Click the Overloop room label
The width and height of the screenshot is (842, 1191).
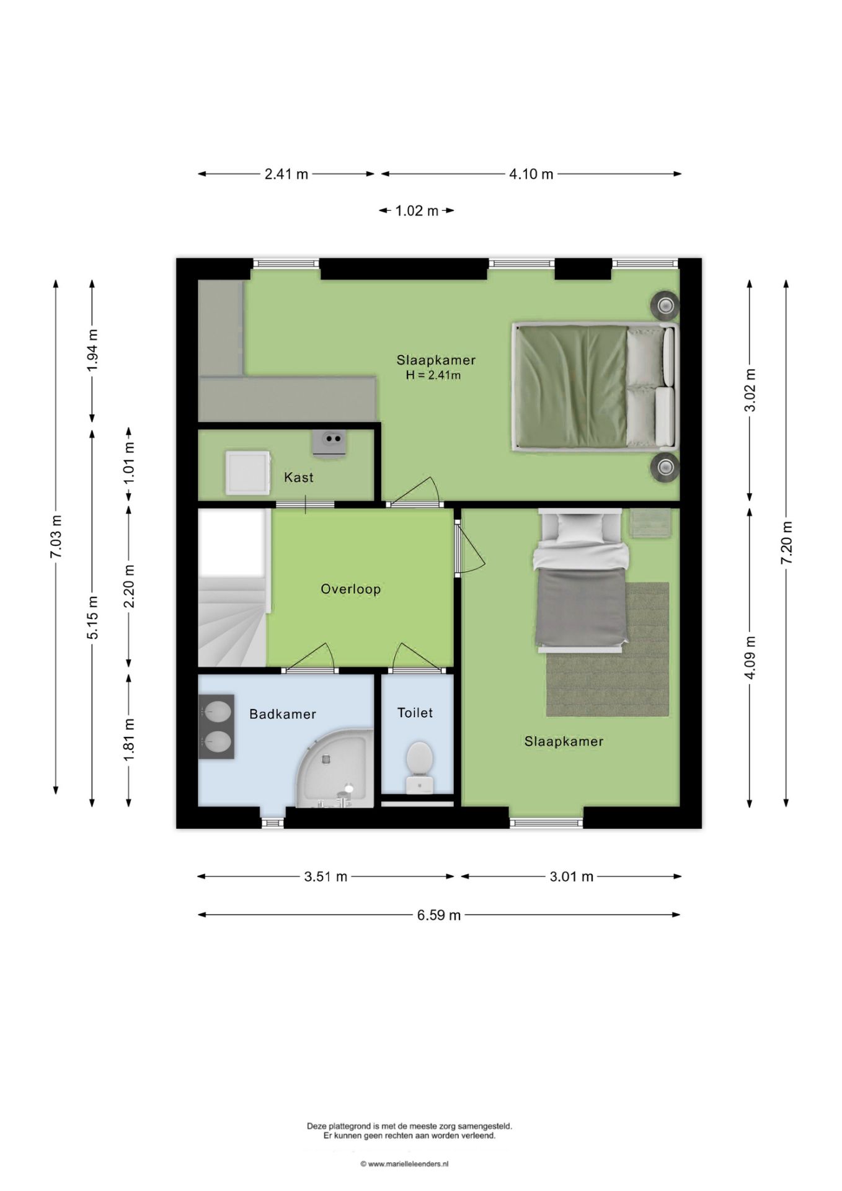tap(350, 589)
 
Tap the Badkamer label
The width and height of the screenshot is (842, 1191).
tap(283, 714)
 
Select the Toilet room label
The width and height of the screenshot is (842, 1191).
tap(415, 713)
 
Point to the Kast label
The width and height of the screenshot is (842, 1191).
tap(298, 477)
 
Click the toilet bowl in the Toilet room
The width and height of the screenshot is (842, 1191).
tap(420, 767)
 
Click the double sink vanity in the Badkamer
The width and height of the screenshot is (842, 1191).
tap(216, 726)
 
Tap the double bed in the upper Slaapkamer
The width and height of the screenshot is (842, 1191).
tap(594, 386)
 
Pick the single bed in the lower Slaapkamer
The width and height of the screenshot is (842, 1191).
tap(581, 581)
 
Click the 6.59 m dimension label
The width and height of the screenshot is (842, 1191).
tap(439, 915)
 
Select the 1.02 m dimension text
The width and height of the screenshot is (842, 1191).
tap(417, 211)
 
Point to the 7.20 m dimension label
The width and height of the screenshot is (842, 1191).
tap(786, 543)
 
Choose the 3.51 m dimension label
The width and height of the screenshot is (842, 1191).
tap(326, 877)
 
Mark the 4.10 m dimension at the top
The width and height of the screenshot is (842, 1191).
tap(531, 174)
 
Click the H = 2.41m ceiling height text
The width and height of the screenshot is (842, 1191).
tap(433, 375)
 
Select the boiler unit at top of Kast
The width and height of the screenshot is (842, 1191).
tap(329, 443)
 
